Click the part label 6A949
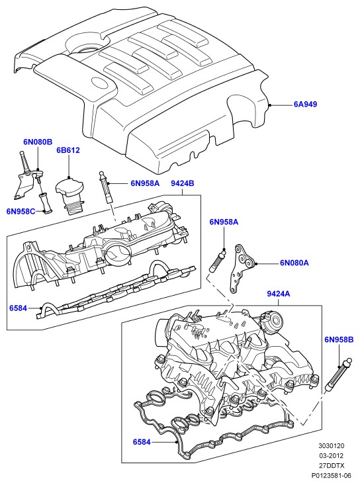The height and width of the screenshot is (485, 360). pos(305,105)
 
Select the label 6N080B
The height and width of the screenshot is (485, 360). pos(38,142)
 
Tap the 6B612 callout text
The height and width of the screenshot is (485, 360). pos(68,150)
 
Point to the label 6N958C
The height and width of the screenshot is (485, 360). pos(21,211)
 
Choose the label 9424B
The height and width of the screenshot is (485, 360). pos(183,183)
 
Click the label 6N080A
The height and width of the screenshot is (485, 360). pos(294,263)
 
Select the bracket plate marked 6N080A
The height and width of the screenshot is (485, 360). pos(243,268)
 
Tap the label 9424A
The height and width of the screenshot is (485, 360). pos(279,294)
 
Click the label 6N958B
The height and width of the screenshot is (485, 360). pos(339,339)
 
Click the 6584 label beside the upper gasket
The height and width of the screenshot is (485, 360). pos(19,308)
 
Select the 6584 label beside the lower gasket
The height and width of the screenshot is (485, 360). pos(142,442)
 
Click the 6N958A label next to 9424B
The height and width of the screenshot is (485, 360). pos(145,183)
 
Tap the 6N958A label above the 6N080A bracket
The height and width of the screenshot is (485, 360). pos(224,222)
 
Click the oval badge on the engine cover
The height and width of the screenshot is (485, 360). pos(100,83)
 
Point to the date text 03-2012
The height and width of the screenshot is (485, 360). pos(332,456)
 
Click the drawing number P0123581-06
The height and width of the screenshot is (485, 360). pos(332,476)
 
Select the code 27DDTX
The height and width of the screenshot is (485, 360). pos(332,466)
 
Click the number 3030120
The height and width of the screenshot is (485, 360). pos(332,446)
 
